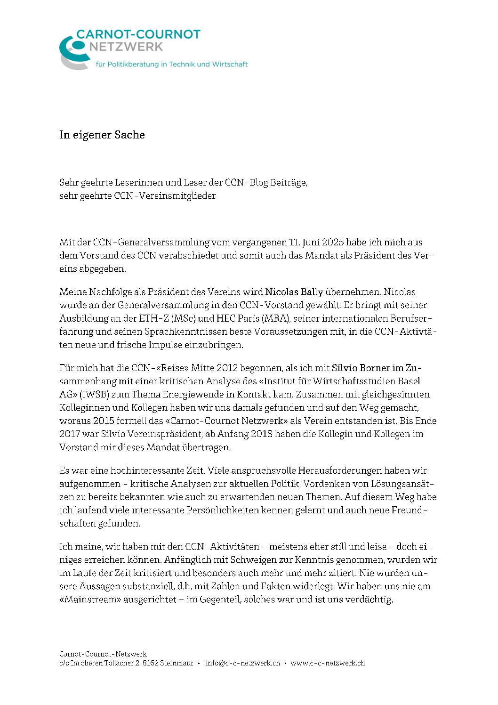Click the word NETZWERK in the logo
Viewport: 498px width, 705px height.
click(126, 47)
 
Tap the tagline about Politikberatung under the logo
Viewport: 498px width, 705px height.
click(171, 64)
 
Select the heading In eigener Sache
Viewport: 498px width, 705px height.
click(102, 135)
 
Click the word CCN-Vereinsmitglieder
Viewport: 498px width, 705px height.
click(165, 195)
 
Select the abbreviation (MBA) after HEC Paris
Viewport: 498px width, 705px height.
click(275, 318)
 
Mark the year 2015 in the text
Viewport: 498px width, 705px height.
click(104, 420)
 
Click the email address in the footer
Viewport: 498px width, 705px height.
click(242, 663)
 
